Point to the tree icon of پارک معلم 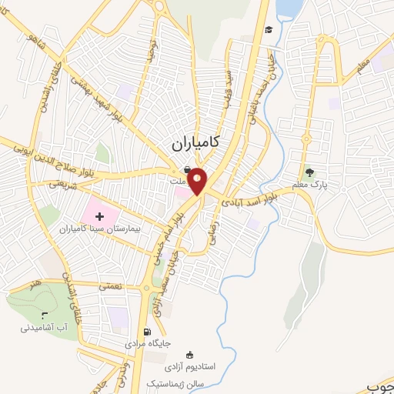310,172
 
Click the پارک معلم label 310,185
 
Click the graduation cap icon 269,30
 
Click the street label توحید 152,51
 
